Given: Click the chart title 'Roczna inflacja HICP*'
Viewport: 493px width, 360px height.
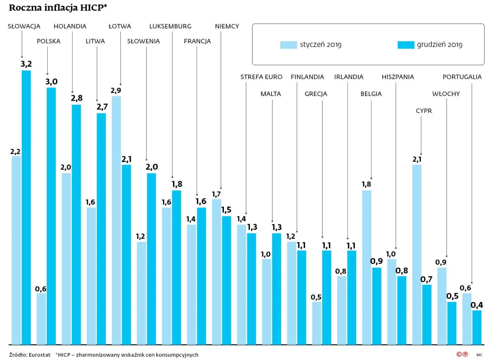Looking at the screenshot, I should click(58, 7).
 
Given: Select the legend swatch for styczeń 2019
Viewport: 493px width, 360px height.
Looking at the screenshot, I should click(288, 45).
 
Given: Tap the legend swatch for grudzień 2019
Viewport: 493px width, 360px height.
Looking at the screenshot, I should click(406, 45).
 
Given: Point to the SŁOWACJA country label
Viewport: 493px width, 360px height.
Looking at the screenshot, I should click(24, 26).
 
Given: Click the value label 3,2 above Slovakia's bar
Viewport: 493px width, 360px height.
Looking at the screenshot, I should click(26, 64).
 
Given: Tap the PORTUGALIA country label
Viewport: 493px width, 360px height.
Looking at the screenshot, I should click(462, 77).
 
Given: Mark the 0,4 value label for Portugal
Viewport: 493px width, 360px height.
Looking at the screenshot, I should click(477, 305).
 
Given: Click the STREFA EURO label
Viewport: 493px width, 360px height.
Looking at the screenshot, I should click(261, 77).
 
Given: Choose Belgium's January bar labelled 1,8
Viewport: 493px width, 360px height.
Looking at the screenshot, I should click(367, 267).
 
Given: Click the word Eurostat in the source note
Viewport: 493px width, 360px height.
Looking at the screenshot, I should click(39, 355).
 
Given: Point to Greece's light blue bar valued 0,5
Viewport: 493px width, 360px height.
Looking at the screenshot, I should click(317, 323).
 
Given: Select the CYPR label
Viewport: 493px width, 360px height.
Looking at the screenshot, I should click(424, 111).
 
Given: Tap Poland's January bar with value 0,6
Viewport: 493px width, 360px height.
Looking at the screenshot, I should click(41, 318).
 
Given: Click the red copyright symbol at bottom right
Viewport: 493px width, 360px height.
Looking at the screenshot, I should click(459, 354).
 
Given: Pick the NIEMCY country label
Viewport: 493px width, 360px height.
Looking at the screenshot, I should click(227, 26).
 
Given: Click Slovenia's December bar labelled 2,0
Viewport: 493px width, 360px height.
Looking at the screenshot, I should click(151, 259).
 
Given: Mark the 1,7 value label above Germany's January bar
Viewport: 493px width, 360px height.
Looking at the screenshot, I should click(216, 194).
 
